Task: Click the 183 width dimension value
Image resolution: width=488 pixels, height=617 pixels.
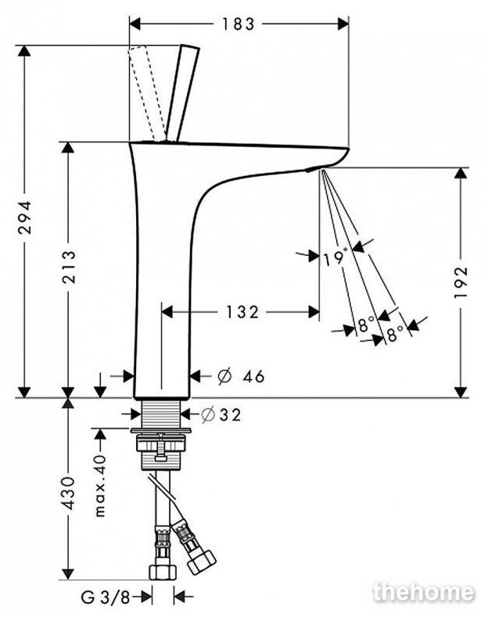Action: pos(239,24)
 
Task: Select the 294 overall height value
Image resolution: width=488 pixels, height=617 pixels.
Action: pos(26,217)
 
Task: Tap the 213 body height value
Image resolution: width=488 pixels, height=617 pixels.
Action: pos(69,267)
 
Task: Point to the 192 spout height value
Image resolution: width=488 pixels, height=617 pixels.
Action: pos(461,282)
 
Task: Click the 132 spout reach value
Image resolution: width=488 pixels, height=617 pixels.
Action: pos(242,313)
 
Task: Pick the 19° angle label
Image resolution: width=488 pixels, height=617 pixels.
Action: pos(335,258)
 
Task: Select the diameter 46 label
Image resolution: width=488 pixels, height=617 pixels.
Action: pos(241,377)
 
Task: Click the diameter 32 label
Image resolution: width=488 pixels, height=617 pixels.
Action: pos(221,414)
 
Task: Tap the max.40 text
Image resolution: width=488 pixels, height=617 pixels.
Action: pos(101,486)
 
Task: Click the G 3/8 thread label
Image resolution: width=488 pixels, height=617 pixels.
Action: pos(106,597)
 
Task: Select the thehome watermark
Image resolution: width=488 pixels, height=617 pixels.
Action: pos(423,592)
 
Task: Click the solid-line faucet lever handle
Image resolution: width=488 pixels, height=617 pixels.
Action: pos(182,93)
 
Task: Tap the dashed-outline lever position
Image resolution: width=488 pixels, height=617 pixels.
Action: pos(147,93)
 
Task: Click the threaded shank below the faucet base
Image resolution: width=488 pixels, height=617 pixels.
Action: pos(161,413)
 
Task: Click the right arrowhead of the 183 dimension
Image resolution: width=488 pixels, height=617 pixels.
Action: pos(343,24)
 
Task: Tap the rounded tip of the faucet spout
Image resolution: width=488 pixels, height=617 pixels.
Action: pos(346,152)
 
